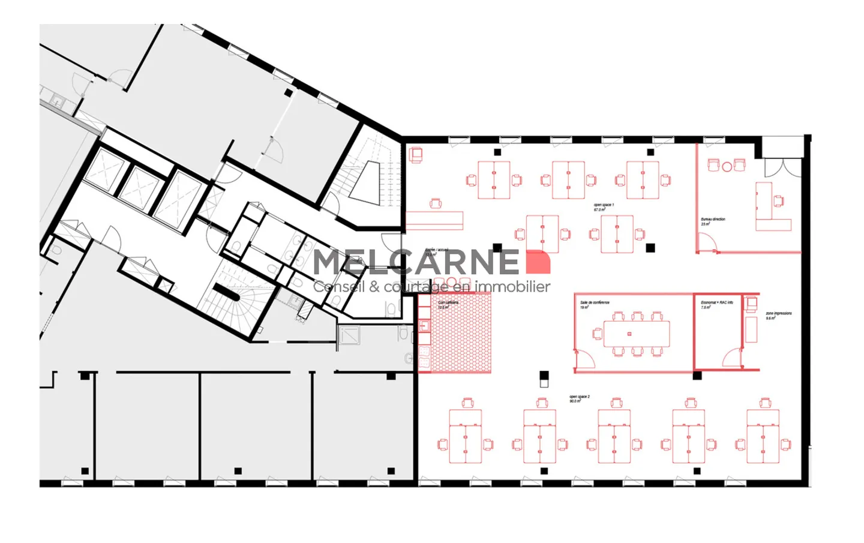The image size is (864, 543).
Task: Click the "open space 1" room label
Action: pos(604,206)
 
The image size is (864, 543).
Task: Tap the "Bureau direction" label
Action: pos(713,220)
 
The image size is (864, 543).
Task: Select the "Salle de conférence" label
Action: pos(595,304)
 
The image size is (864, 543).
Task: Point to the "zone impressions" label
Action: pos(778,314)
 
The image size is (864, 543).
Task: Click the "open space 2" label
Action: pos(579,398)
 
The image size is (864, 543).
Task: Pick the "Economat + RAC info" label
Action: pos(716,304)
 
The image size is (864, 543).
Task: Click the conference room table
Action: pos(636,334)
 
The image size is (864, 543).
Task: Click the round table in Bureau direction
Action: pos(727,167)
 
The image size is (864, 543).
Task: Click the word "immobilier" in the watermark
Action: pos(512,287)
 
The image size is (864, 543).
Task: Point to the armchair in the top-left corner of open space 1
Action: pos(416,155)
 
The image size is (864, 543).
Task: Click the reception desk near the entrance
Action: pos(434,220)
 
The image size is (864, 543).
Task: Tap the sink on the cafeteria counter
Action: pos(424,326)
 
